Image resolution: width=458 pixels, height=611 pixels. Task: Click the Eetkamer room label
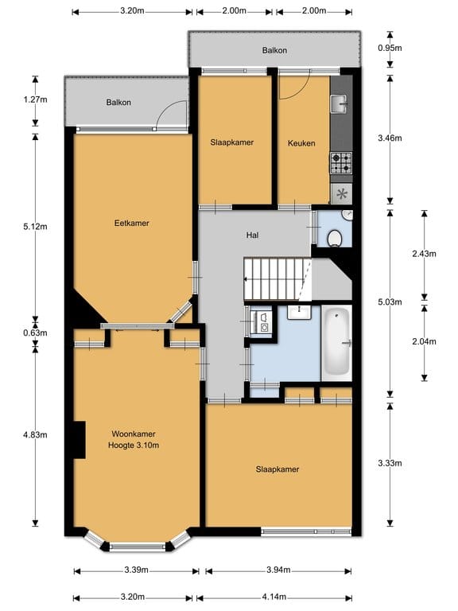coord(131,223)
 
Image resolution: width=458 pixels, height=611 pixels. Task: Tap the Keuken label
coord(301,143)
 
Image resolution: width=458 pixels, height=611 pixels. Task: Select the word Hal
coord(253,235)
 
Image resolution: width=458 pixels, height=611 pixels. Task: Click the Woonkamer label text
coord(133,434)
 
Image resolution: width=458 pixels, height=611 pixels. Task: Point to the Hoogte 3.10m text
coord(133,446)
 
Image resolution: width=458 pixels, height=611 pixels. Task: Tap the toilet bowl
coord(335,237)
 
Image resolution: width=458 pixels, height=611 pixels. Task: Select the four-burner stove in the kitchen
coord(340,163)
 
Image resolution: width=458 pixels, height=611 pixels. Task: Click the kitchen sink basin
coord(340,103)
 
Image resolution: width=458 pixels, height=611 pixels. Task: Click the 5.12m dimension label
coord(36,225)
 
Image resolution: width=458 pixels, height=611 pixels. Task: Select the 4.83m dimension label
coord(36,434)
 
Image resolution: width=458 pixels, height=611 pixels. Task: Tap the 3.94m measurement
coord(278,570)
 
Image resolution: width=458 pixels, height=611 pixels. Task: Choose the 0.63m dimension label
coord(36,333)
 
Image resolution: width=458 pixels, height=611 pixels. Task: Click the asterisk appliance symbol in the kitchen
coord(342,193)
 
